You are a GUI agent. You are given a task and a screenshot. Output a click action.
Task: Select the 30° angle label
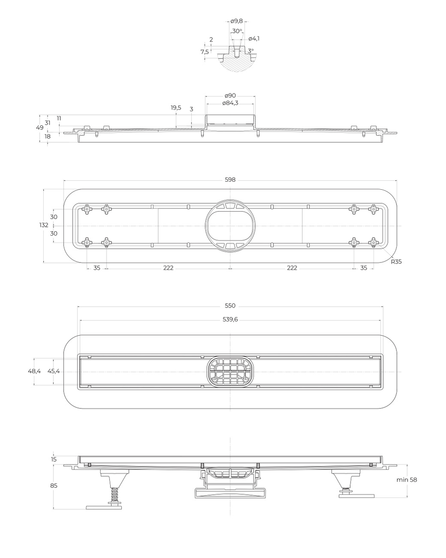pyautogui.click(x=237, y=31)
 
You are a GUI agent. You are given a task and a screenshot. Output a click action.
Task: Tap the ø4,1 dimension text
pyautogui.click(x=254, y=38)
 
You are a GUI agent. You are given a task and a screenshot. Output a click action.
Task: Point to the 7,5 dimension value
pyautogui.click(x=205, y=52)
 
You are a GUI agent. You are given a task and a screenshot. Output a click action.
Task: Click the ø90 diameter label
pyautogui.click(x=230, y=96)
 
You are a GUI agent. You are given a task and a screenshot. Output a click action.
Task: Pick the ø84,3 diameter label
pyautogui.click(x=230, y=104)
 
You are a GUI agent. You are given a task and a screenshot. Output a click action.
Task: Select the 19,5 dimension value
pyautogui.click(x=176, y=108)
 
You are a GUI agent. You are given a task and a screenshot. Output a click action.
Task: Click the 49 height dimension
pyautogui.click(x=40, y=127)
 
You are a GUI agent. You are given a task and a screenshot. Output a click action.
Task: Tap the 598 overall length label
pyautogui.click(x=230, y=179)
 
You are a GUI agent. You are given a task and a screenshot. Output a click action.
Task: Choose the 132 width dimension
pyautogui.click(x=43, y=225)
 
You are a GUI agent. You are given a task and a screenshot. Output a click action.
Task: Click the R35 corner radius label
pyautogui.click(x=396, y=262)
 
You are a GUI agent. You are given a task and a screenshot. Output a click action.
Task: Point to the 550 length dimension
pyautogui.click(x=230, y=306)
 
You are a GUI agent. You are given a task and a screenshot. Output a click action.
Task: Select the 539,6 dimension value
pyautogui.click(x=230, y=319)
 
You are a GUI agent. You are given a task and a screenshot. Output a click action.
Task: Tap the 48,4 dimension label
pyautogui.click(x=34, y=371)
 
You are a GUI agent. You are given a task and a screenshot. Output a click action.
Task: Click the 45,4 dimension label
pyautogui.click(x=54, y=371)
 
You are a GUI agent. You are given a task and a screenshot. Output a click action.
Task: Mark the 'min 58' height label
pyautogui.click(x=406, y=480)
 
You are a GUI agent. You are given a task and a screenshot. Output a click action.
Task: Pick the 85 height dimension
pyautogui.click(x=54, y=485)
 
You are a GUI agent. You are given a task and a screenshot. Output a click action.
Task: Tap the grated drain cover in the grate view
pyautogui.click(x=230, y=371)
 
